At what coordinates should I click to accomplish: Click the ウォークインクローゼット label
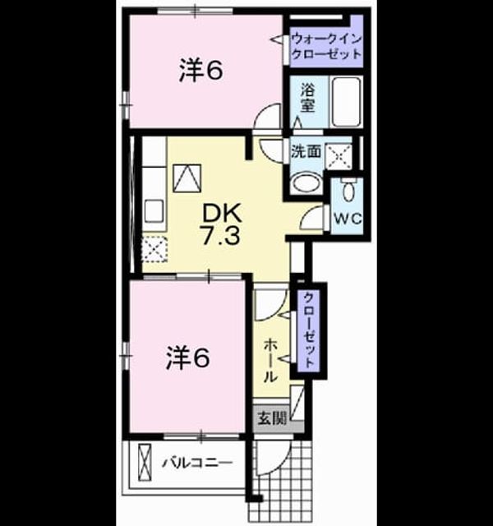click(327, 46)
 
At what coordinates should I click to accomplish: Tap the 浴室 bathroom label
click(307, 97)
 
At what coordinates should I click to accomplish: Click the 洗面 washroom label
click(306, 151)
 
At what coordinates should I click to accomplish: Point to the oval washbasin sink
click(306, 182)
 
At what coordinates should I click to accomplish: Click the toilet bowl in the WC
click(348, 191)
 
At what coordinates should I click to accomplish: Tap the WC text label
click(348, 219)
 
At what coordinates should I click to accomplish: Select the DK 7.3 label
click(221, 224)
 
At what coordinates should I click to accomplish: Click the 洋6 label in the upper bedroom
click(200, 70)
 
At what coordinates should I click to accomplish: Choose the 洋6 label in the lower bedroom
click(188, 358)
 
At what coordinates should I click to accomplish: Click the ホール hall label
click(270, 361)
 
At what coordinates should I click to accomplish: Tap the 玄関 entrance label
click(272, 418)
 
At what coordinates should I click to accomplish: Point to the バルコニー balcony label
click(197, 464)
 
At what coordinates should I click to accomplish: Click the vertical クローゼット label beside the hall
click(309, 330)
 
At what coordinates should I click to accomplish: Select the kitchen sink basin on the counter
click(154, 211)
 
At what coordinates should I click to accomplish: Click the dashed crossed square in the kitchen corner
click(154, 248)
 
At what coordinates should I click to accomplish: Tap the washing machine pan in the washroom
click(339, 156)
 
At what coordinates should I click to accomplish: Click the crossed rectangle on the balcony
click(145, 464)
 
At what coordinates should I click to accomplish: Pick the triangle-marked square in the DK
click(187, 178)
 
